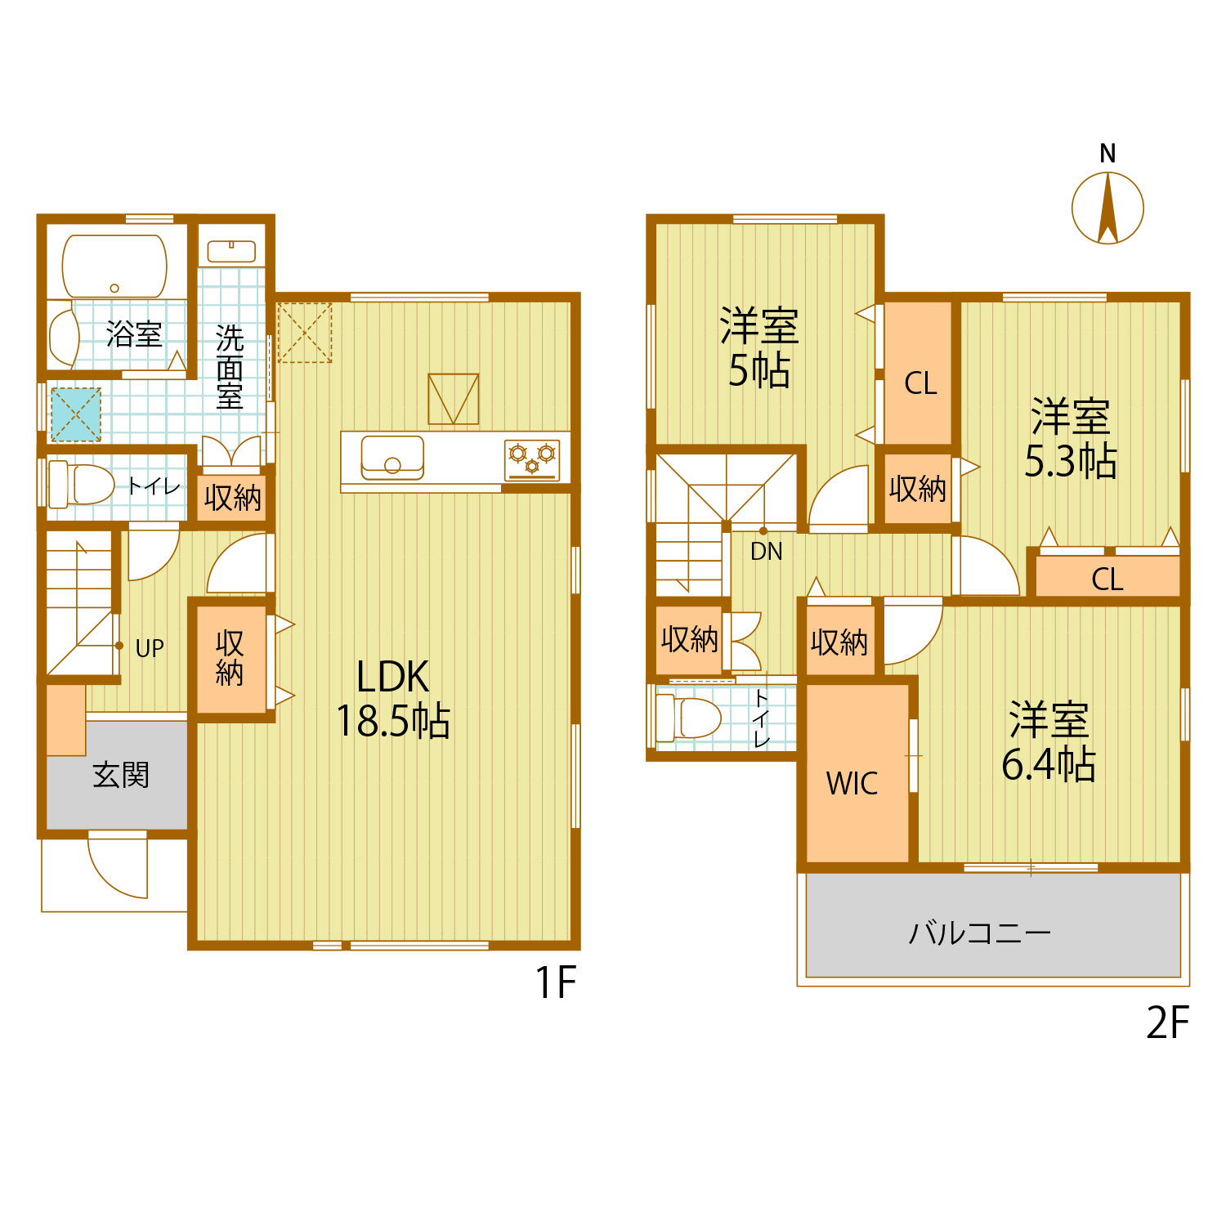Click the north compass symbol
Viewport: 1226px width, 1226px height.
(1107, 208)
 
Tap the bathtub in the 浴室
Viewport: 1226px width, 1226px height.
(114, 266)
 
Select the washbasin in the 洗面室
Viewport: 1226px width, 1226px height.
(231, 251)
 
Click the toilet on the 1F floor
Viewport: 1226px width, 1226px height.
(82, 485)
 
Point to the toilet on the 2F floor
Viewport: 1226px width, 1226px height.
(688, 717)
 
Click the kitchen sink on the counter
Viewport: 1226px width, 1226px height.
(392, 457)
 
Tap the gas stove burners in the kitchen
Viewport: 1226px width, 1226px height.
(532, 458)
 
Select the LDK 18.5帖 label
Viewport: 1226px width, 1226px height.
(393, 700)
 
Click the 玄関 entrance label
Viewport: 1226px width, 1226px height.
(121, 775)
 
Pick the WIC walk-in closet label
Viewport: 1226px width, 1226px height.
(852, 783)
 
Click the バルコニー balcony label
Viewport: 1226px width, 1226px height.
(979, 933)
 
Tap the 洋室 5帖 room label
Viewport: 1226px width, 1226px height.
(759, 348)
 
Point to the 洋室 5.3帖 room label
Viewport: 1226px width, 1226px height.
(1071, 439)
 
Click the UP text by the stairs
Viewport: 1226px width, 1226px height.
(150, 648)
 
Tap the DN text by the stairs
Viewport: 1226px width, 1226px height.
(766, 552)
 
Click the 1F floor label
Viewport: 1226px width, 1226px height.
(556, 982)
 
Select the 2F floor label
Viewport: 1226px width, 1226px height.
(1166, 1022)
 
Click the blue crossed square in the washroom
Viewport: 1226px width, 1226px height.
(76, 414)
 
